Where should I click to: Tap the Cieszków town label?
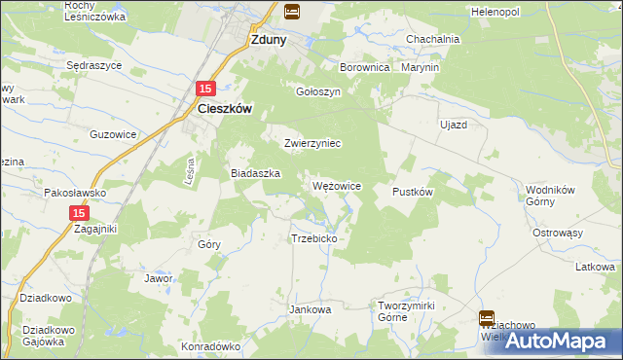(225, 110)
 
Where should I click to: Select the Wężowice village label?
(337, 185)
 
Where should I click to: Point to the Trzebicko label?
(313, 238)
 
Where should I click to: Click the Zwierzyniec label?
(311, 143)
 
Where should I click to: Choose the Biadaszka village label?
(255, 172)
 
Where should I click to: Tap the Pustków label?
(412, 193)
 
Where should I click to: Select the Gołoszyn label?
(317, 91)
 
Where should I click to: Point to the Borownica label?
(364, 68)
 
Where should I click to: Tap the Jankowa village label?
(311, 309)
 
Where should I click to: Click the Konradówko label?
(210, 345)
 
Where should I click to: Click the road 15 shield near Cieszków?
(205, 89)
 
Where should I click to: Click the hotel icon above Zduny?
(291, 12)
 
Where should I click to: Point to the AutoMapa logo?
(555, 341)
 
